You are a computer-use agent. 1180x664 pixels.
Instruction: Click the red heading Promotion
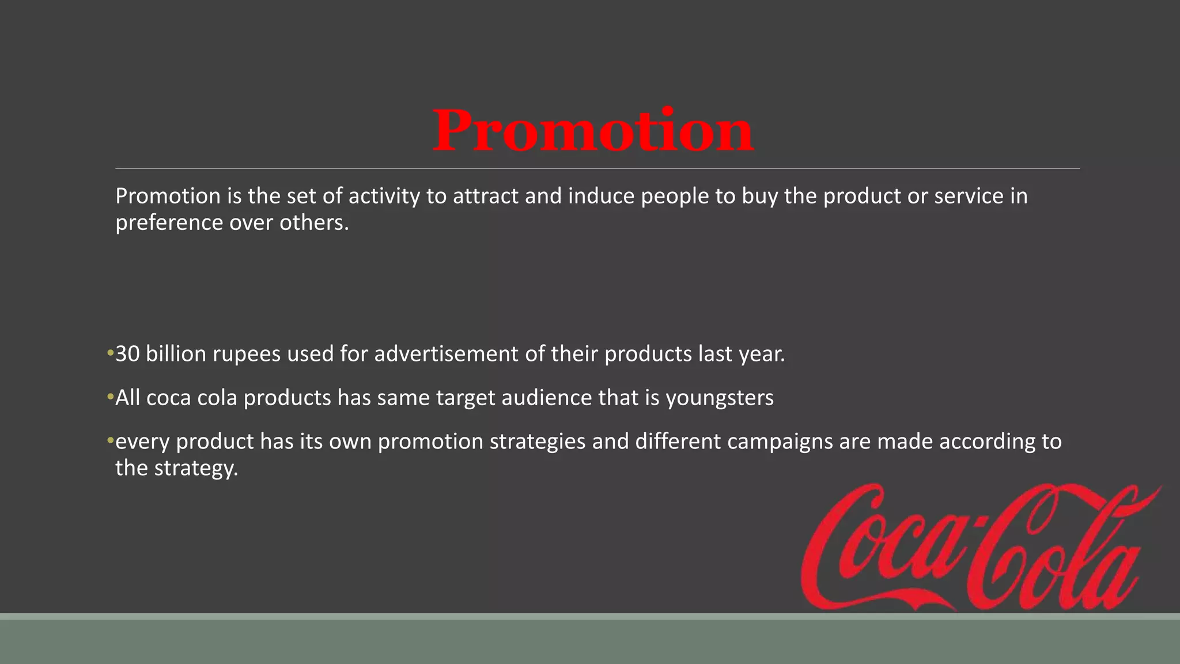(x=593, y=131)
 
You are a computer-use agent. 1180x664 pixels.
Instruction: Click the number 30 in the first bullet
(x=127, y=354)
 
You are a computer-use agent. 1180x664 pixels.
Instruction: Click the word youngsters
(x=720, y=398)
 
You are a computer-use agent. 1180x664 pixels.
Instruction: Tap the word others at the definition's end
(x=314, y=223)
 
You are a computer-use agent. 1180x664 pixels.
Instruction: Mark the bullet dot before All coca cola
(x=109, y=397)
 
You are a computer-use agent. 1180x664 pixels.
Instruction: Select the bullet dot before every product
(x=109, y=441)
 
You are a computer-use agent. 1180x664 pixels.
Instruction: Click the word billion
(x=176, y=354)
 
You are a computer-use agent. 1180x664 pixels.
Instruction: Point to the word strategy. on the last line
(x=196, y=469)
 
